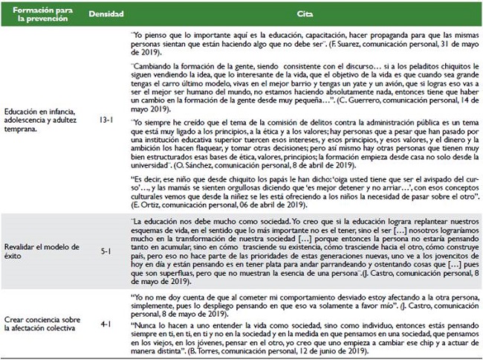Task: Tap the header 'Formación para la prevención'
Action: click(39, 15)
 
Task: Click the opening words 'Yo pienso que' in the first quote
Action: click(158, 33)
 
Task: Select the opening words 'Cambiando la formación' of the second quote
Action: click(175, 65)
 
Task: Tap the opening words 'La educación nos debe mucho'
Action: click(182, 222)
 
